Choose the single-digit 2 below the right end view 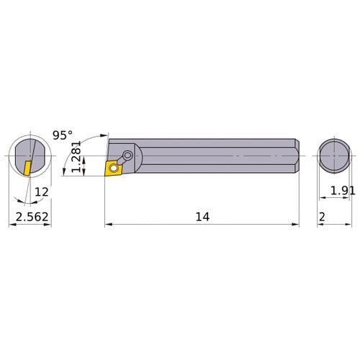322,217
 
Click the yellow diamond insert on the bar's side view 114,168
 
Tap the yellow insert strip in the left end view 26,168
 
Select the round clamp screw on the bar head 127,155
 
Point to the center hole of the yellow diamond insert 113,168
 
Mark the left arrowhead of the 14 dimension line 109,225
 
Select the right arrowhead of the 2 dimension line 351,225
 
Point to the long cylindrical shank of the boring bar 216,155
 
